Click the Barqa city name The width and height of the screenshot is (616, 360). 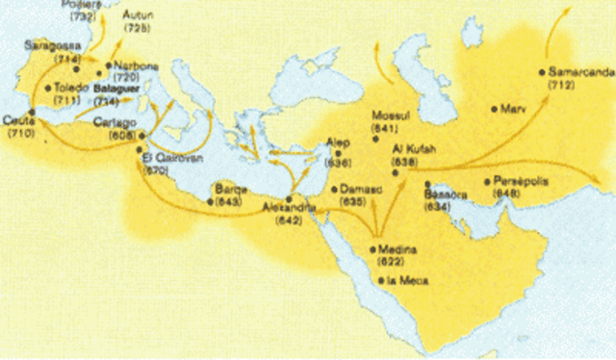233,190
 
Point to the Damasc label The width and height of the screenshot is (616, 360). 358,190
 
